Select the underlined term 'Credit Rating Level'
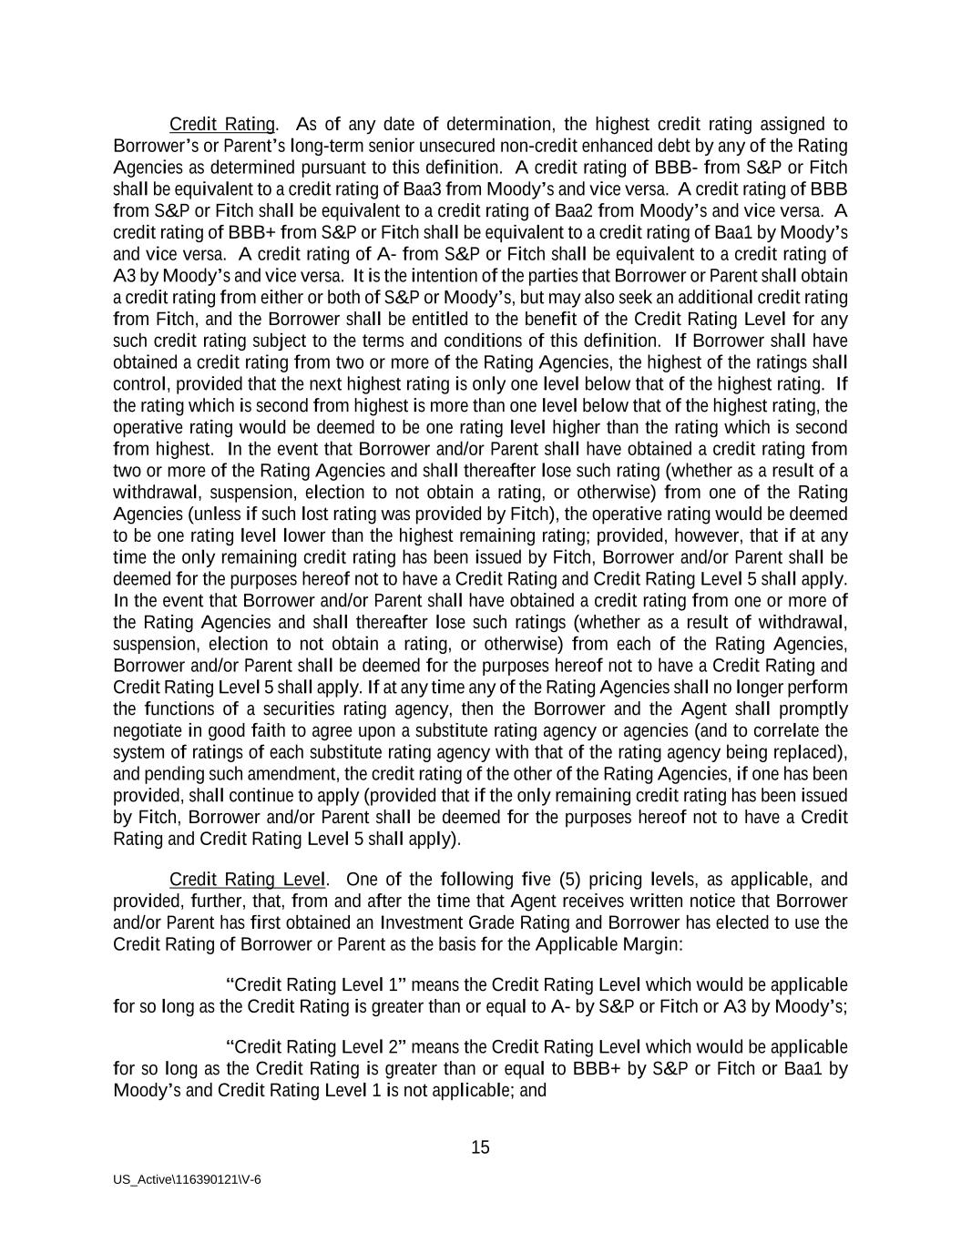tap(247, 879)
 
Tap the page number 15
tap(480, 1147)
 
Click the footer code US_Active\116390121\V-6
tap(187, 1179)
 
